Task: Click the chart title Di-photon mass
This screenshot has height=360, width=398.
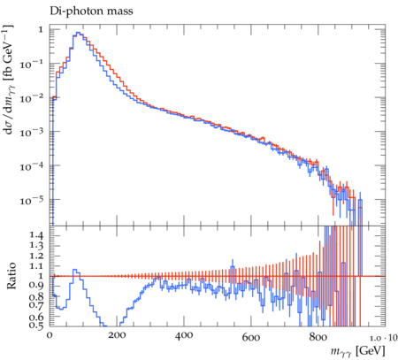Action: pyautogui.click(x=91, y=11)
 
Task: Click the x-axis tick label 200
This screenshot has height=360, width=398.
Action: pyautogui.click(x=117, y=335)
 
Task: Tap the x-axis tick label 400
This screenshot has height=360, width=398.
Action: pyautogui.click(x=184, y=335)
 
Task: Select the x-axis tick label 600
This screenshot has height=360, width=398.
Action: pyautogui.click(x=251, y=337)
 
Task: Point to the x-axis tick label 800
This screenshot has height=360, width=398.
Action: pyautogui.click(x=318, y=337)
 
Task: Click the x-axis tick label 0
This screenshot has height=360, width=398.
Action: pyautogui.click(x=50, y=335)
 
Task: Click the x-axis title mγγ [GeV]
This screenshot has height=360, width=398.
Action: pyautogui.click(x=357, y=351)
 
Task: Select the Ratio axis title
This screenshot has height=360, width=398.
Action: pyautogui.click(x=11, y=276)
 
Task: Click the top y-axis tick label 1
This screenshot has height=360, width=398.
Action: pyautogui.click(x=41, y=29)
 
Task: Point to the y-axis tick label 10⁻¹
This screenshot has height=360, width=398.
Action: pyautogui.click(x=32, y=64)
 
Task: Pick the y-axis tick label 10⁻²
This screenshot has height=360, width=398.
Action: pyautogui.click(x=32, y=97)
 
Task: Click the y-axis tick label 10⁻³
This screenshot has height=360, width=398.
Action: pyautogui.click(x=32, y=132)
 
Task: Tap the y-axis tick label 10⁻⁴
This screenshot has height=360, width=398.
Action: pyautogui.click(x=32, y=166)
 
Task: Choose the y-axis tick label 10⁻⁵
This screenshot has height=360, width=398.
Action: pyautogui.click(x=32, y=200)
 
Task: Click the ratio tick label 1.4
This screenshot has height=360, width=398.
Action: pyautogui.click(x=36, y=235)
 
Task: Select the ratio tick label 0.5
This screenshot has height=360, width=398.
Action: pyautogui.click(x=36, y=325)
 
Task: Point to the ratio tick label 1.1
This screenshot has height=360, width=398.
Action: pyautogui.click(x=36, y=265)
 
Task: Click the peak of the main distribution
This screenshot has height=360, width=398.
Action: pyautogui.click(x=78, y=33)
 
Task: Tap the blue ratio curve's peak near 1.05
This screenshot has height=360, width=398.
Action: pyautogui.click(x=74, y=270)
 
